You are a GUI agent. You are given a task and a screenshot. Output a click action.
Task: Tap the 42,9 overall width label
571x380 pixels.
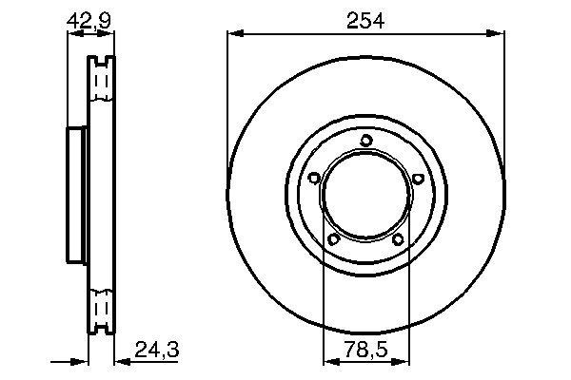pos(89,18)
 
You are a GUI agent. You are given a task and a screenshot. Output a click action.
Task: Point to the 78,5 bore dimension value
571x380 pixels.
pos(366,351)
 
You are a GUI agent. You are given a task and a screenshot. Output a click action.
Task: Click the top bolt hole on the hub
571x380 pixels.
pos(366,142)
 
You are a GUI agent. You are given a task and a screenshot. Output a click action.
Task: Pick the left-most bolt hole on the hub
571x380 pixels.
pos(314,177)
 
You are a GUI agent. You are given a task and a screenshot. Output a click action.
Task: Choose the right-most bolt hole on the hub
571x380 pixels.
pos(418,177)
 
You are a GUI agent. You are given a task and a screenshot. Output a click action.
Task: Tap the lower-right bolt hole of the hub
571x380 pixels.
pos(399,239)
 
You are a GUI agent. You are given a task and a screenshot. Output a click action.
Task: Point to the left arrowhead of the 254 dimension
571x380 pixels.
pos(233,34)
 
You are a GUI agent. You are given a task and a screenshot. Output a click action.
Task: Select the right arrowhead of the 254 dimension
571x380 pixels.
pos(499,34)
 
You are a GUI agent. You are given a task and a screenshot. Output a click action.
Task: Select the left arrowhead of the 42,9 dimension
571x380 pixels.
pos(72,34)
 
